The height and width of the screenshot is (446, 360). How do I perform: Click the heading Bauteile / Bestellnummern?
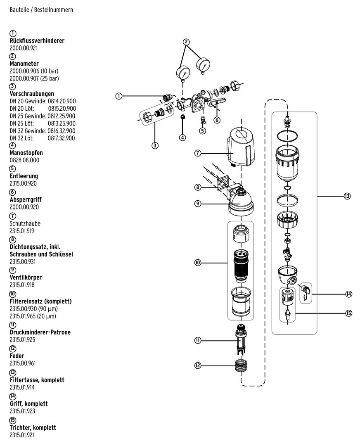pos(41,9)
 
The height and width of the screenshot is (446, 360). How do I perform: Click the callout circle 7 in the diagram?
pos(198,153)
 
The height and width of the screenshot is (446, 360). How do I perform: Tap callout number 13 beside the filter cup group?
pos(346,196)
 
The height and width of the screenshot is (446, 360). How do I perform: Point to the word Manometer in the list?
pos(24,64)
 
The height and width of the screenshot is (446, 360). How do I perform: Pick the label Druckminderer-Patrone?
pos(40,332)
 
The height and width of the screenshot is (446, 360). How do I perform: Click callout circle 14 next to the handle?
pos(348,294)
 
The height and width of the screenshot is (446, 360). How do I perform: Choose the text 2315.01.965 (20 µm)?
pos(33,316)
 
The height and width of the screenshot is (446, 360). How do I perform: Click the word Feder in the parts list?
pos(17,356)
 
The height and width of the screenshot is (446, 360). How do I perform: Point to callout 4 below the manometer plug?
pos(182,137)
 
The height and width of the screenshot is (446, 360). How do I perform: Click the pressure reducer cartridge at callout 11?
pos(240,339)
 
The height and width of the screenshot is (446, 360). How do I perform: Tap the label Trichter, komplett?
pos(33,427)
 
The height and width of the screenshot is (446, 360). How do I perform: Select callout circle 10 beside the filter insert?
pos(198,262)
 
